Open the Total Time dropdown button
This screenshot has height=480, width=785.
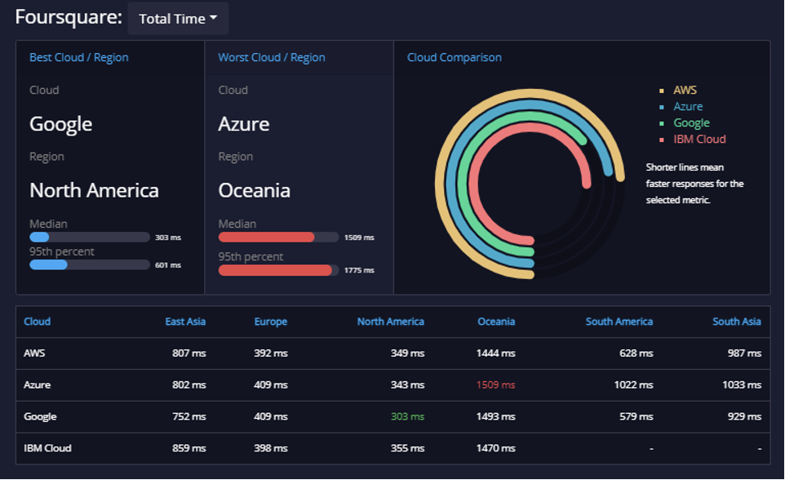pyautogui.click(x=178, y=19)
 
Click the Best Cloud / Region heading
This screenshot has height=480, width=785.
pyautogui.click(x=79, y=58)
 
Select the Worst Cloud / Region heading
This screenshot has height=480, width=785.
pyautogui.click(x=272, y=58)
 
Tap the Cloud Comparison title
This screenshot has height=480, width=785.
pyautogui.click(x=454, y=58)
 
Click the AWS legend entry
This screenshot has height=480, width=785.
pyautogui.click(x=685, y=90)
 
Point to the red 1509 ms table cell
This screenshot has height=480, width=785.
pyautogui.click(x=495, y=384)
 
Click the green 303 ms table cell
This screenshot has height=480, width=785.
pyautogui.click(x=407, y=416)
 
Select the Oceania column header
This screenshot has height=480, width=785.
pyautogui.click(x=496, y=322)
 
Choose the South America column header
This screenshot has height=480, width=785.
pyautogui.click(x=619, y=322)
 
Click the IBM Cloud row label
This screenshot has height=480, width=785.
pyautogui.click(x=47, y=448)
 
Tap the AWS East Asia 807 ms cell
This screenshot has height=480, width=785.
pyautogui.click(x=189, y=353)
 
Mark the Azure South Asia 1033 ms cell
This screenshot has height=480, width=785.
pyautogui.click(x=742, y=384)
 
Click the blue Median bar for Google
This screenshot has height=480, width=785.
pyautogui.click(x=39, y=238)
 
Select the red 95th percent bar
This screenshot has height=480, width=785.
pyautogui.click(x=275, y=270)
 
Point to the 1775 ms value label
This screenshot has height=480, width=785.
pyautogui.click(x=359, y=270)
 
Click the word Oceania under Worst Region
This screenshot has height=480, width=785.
pyautogui.click(x=255, y=190)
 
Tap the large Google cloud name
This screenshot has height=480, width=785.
pyautogui.click(x=61, y=124)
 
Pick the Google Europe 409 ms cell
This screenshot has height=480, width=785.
pyautogui.click(x=271, y=416)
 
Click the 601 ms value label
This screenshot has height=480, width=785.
pyautogui.click(x=168, y=265)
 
